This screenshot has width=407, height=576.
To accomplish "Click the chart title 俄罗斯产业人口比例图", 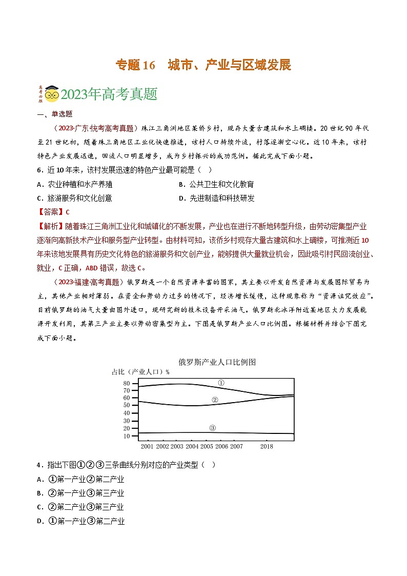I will coord(217,362).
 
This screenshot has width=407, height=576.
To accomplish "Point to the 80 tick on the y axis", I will coord(127,383).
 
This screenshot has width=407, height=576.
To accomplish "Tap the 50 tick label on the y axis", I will coord(127,405).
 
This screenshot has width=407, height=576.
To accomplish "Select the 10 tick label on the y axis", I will coord(127,436).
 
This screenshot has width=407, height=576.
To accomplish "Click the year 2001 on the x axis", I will coord(147,447).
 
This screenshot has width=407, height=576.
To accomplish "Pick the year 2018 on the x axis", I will coord(267,447).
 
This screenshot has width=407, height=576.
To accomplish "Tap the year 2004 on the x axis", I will coord(192,447).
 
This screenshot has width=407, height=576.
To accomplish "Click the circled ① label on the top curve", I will coord(221,383).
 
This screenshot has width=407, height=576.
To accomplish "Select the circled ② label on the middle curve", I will coord(215,400).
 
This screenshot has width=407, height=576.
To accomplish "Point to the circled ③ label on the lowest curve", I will coord(213,428).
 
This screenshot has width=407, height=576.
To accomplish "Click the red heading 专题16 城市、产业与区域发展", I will coord(203,65).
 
